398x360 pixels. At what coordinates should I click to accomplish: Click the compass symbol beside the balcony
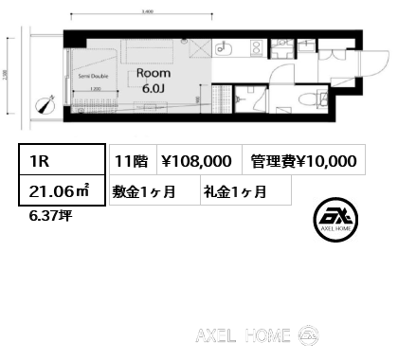[43, 105]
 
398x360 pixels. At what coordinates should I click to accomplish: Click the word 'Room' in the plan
[154, 72]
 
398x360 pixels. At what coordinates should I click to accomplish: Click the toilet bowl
[309, 100]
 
